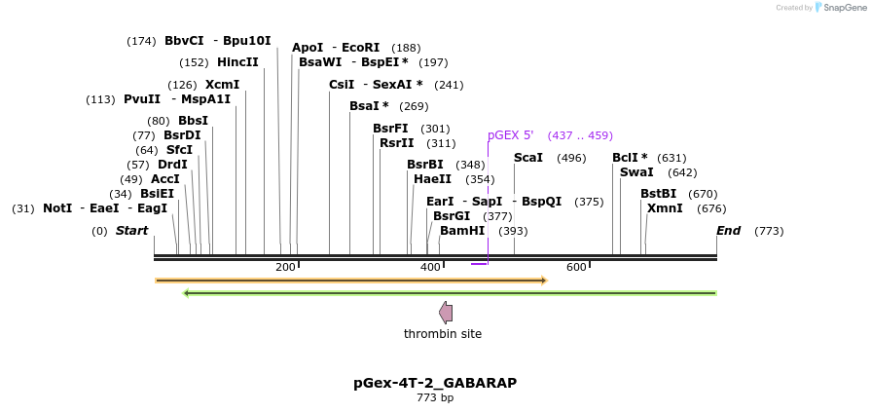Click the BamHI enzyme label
[462, 231]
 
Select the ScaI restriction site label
[528, 158]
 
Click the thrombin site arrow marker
[446, 313]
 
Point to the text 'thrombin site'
[443, 334]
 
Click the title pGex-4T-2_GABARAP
[435, 383]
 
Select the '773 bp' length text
[435, 397]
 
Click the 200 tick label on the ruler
[285, 268]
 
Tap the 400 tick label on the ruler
[430, 268]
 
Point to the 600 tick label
[576, 268]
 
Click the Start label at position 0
[131, 231]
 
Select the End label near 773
[728, 231]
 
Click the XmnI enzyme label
[665, 208]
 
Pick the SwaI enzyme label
[636, 172]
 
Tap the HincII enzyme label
[237, 62]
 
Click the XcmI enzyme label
[222, 85]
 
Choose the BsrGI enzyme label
[452, 216]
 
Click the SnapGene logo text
[844, 8]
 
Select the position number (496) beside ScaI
[571, 158]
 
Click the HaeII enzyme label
[432, 179]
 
